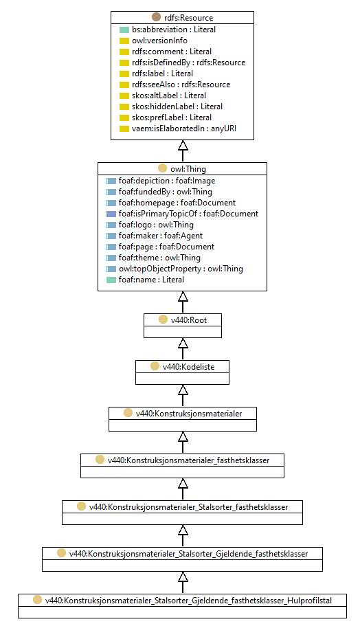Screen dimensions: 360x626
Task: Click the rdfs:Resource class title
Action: [x=188, y=18]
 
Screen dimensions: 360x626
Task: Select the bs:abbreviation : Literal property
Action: [x=174, y=30]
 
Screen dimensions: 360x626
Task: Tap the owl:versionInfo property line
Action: [x=159, y=41]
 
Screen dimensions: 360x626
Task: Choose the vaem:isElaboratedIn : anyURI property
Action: [x=184, y=128]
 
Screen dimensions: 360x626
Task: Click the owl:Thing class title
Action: [x=188, y=169]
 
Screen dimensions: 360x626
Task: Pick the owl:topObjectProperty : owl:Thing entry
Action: [x=181, y=269]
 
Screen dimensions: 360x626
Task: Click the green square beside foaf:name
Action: [x=111, y=280]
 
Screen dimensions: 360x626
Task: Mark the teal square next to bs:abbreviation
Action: [x=124, y=30]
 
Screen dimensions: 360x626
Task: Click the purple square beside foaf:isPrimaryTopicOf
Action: [x=111, y=214]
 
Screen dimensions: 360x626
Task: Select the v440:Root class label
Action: [x=189, y=320]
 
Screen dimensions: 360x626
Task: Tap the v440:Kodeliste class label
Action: [x=188, y=367]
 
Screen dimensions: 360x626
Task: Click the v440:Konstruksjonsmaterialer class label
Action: [x=189, y=414]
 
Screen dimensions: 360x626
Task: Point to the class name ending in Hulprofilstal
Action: [x=188, y=601]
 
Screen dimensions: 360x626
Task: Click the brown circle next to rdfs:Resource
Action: [x=157, y=17]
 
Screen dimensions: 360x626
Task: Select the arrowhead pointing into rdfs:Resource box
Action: [x=183, y=144]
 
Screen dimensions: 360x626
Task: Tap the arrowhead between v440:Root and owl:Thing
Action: [x=183, y=296]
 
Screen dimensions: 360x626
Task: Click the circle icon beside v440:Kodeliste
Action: [x=155, y=366]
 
